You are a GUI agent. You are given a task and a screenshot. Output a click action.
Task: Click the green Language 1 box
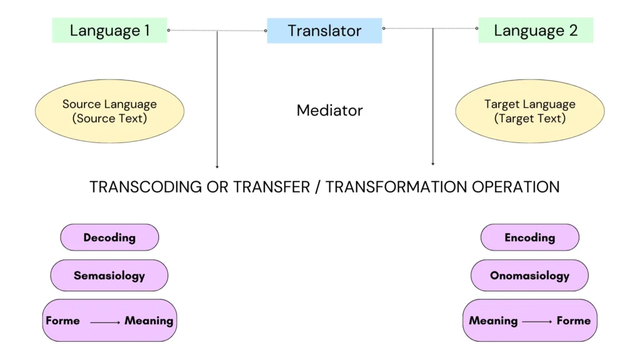click(109, 30)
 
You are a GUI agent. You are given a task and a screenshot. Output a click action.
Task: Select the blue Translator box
click(324, 30)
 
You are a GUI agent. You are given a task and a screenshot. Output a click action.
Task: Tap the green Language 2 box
click(535, 30)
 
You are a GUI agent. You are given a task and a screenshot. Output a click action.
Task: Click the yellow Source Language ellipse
click(109, 111)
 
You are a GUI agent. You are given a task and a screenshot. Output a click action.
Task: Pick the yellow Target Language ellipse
click(529, 111)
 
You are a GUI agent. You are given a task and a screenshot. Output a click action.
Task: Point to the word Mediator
click(329, 111)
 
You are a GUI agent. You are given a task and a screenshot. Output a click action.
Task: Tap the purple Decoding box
click(109, 237)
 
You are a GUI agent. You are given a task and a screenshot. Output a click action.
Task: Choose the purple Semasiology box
click(109, 276)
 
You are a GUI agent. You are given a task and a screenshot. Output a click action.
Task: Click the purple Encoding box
click(529, 237)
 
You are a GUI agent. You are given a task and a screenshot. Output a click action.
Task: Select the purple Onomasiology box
click(529, 276)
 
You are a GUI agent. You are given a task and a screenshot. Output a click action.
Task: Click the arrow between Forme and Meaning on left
click(105, 322)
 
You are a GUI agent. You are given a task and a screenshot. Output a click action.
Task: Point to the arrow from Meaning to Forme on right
click(537, 322)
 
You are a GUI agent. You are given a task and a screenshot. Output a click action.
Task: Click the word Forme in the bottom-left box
click(63, 321)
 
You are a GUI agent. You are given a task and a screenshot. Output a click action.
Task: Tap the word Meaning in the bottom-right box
click(493, 321)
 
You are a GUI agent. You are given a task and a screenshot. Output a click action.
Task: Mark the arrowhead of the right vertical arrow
click(432, 164)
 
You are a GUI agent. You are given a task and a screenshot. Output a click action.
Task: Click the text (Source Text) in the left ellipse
click(109, 118)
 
